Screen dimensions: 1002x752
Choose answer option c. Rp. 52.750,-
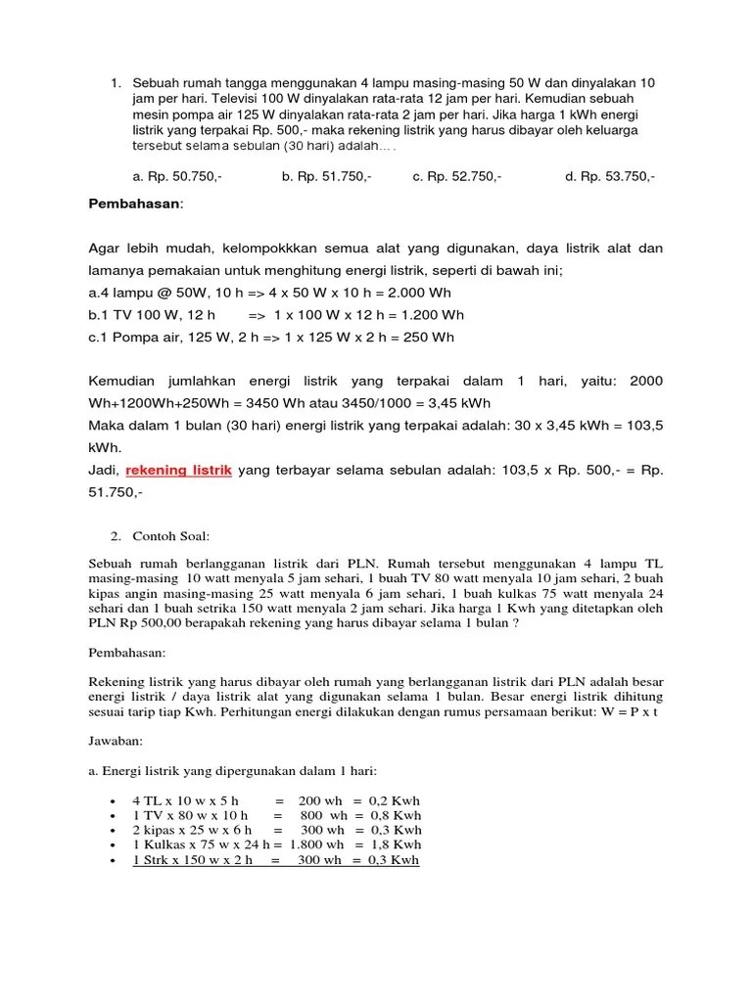457,177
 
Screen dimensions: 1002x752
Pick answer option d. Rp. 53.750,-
610,177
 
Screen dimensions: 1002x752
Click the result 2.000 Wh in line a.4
423,293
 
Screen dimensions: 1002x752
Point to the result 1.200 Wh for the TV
428,315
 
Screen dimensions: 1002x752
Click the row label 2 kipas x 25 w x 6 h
192,830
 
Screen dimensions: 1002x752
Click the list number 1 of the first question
115,83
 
